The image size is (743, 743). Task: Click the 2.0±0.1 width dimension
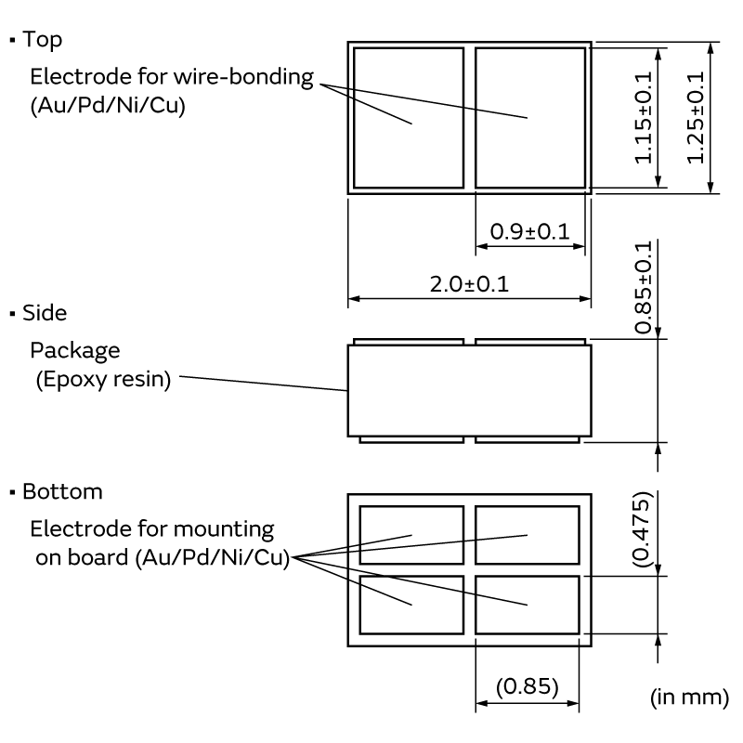point(469,284)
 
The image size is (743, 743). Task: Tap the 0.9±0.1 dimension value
point(529,231)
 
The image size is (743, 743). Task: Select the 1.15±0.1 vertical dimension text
point(644,118)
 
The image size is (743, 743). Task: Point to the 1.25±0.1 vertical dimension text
point(696,118)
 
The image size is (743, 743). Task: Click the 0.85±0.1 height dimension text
point(644,287)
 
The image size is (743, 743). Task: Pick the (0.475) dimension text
point(643,528)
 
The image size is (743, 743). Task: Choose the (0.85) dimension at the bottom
point(527,686)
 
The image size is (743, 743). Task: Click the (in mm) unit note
point(689,697)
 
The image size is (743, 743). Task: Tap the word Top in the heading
point(42,40)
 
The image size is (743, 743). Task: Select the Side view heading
point(45,313)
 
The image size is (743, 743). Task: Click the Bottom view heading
point(62,491)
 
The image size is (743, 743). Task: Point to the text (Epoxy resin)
point(103,380)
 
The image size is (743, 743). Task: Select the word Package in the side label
point(75,351)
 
